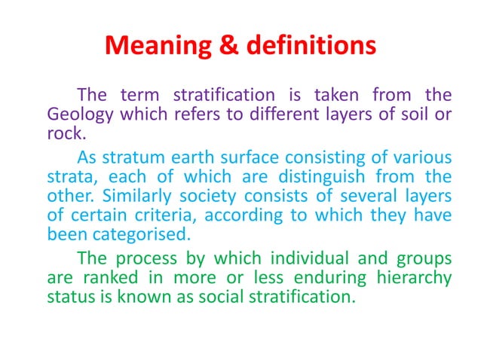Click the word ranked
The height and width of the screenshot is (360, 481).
click(106, 276)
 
